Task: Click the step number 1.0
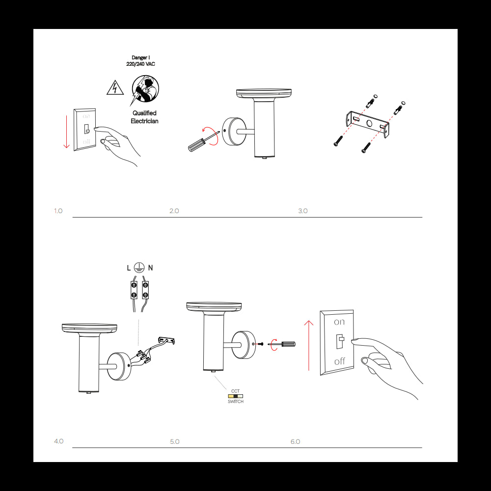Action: tap(58, 211)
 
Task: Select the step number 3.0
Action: tap(302, 211)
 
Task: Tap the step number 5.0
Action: tap(175, 441)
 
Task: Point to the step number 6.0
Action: tap(295, 441)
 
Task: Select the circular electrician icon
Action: tap(146, 89)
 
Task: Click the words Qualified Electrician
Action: tap(144, 117)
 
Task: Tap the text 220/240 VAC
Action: tap(141, 64)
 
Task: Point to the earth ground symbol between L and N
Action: tap(138, 268)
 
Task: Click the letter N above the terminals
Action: tap(150, 268)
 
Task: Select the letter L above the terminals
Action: tap(129, 268)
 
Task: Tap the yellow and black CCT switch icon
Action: tap(235, 396)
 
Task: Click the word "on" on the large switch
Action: tap(339, 322)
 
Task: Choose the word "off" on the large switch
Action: tap(339, 361)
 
